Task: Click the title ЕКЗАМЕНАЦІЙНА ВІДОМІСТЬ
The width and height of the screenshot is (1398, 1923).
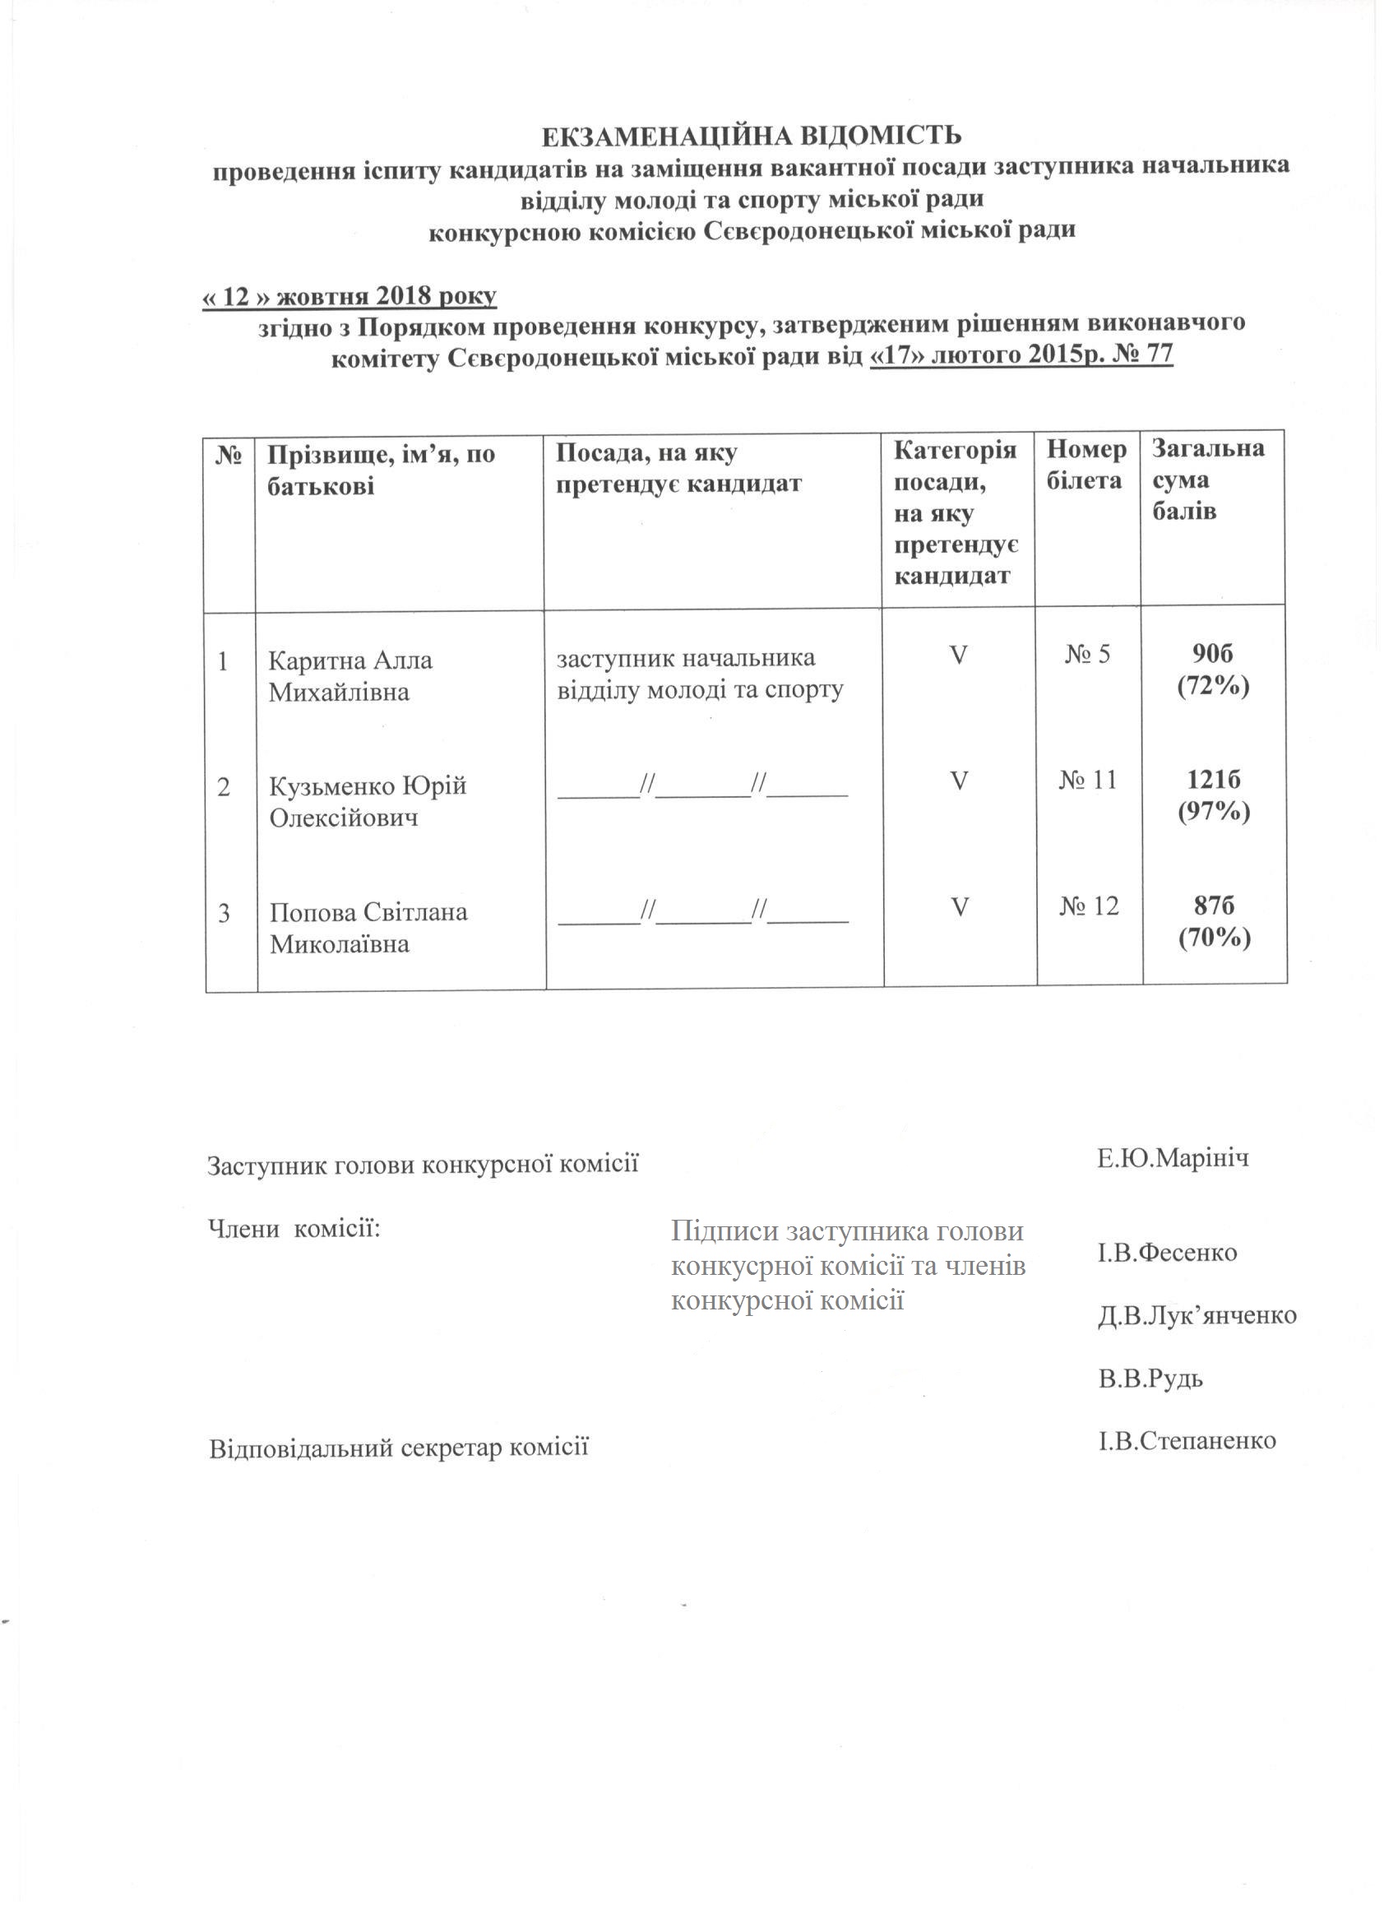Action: [x=752, y=136]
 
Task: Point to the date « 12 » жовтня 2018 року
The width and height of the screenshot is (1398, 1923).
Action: [x=349, y=297]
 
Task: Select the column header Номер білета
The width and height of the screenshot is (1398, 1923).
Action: [x=1086, y=465]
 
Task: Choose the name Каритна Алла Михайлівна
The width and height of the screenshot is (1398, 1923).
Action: [x=351, y=676]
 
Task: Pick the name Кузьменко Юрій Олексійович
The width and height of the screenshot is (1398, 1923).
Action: [x=368, y=802]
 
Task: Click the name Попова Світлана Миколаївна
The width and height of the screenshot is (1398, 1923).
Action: [x=368, y=928]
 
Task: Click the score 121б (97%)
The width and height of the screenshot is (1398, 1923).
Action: [x=1214, y=795]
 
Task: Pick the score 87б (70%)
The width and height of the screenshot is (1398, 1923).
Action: [x=1214, y=921]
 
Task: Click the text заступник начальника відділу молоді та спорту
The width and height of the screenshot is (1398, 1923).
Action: [x=700, y=674]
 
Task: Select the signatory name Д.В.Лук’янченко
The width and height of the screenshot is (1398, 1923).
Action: [x=1197, y=1315]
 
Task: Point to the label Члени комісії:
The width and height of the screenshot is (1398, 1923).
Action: [x=294, y=1228]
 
